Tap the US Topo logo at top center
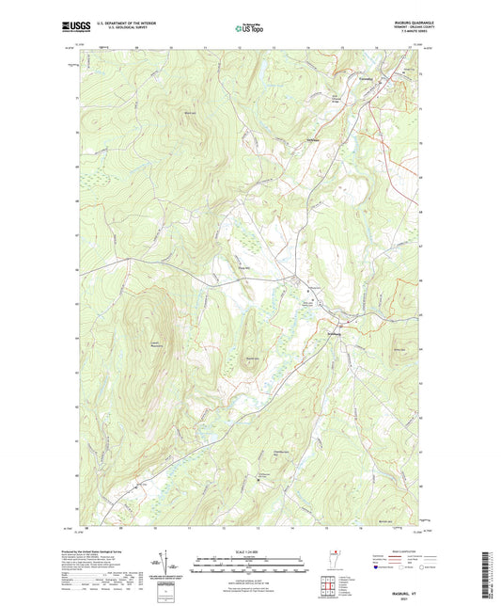(x=249, y=29)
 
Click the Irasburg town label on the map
(x=332, y=334)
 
